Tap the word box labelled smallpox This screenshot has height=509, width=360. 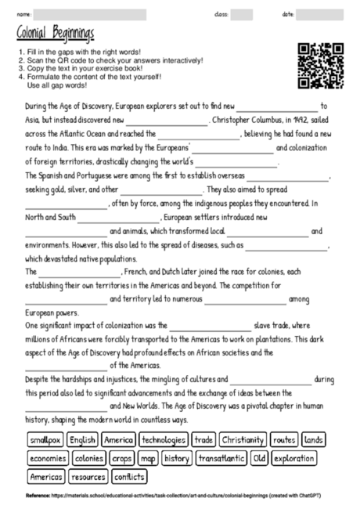[45, 440]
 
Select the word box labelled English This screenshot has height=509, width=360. [81, 440]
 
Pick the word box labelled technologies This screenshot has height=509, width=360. [164, 440]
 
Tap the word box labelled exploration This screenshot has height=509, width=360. [294, 458]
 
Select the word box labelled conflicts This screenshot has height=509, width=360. [129, 476]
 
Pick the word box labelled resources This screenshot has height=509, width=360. [88, 476]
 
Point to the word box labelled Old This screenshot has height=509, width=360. [259, 458]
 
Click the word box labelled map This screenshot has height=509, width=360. [148, 458]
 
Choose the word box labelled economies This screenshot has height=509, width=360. [49, 458]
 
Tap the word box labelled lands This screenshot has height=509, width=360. [314, 440]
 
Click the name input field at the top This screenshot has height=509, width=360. [89, 14]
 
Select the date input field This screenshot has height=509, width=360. [319, 14]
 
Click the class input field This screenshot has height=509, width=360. [241, 14]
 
